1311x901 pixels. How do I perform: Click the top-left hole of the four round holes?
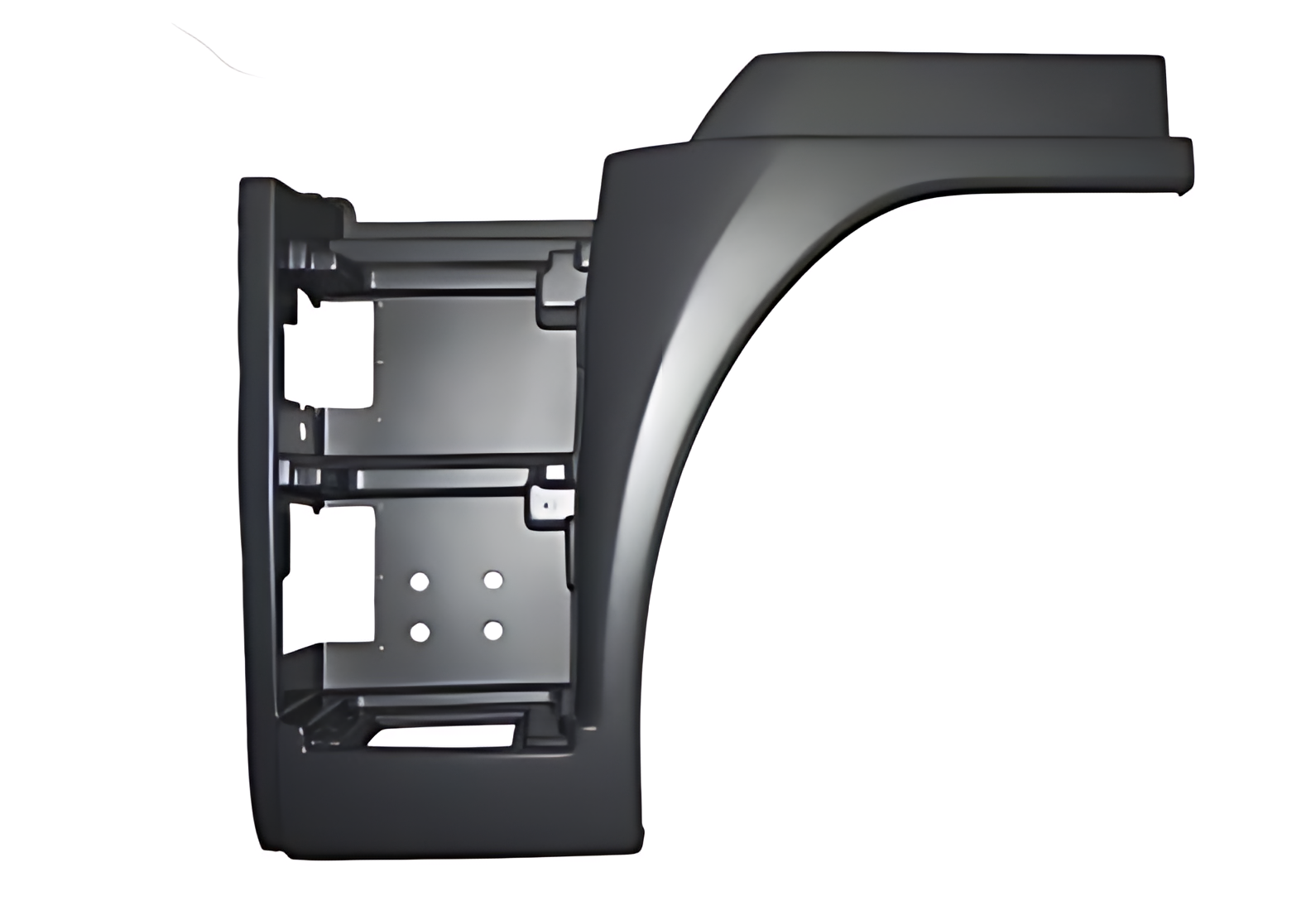[420, 581]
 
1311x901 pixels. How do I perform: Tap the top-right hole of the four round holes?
[493, 580]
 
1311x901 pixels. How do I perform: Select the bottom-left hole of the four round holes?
[420, 634]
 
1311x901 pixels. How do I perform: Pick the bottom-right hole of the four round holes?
[493, 632]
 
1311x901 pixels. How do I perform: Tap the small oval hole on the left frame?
[302, 431]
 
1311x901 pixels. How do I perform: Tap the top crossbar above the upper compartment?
[463, 232]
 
